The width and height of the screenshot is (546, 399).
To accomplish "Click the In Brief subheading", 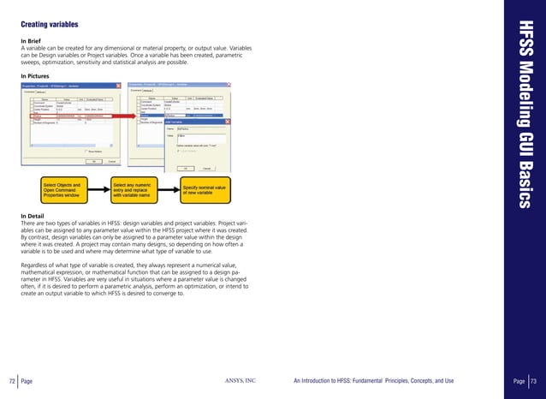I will [x=33, y=40].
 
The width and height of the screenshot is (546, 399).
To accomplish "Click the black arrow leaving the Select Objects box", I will [x=101, y=189].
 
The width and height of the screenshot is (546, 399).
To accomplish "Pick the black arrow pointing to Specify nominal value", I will [x=170, y=189].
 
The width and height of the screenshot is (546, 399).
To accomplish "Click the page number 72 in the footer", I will [x=12, y=380].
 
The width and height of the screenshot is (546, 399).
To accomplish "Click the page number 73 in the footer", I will [x=532, y=380].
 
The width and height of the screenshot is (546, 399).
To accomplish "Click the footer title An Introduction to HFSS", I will [x=373, y=380].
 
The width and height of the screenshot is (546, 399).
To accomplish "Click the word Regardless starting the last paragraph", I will [x=36, y=265].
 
